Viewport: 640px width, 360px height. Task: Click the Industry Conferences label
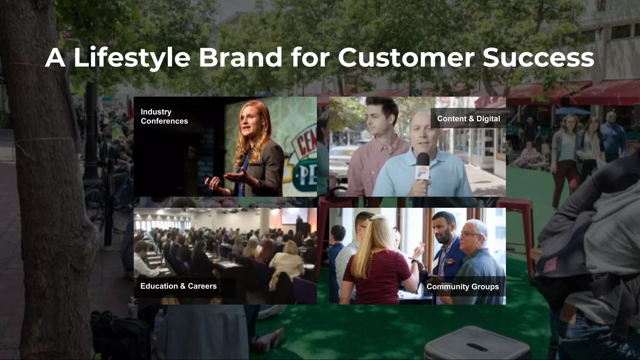164,116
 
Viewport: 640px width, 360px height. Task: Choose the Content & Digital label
468,119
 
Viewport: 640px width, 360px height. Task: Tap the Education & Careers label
178,286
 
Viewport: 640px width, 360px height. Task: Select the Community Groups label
462,287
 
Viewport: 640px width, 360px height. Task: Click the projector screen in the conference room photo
290,216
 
